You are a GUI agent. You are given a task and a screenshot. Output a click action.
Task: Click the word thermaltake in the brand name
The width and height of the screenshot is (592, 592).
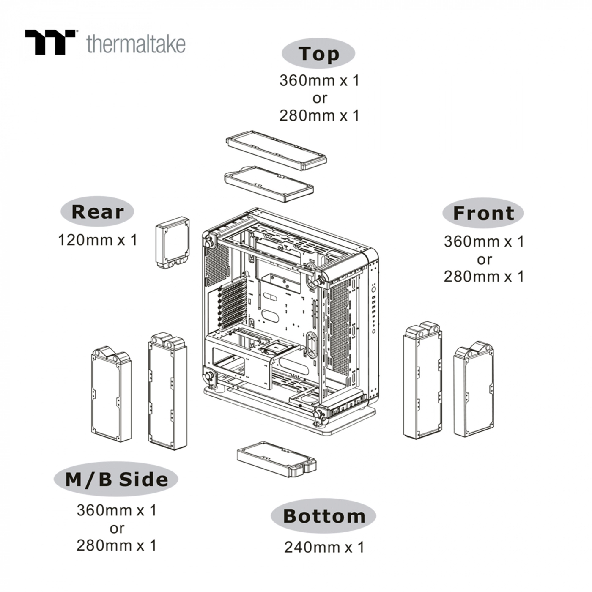click(x=136, y=44)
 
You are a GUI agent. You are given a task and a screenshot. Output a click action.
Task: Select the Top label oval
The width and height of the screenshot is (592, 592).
click(x=318, y=54)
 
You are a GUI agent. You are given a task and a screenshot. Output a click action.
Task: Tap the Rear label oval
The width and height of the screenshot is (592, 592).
click(x=97, y=211)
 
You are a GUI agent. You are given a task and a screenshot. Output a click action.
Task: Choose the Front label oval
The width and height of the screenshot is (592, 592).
click(x=483, y=213)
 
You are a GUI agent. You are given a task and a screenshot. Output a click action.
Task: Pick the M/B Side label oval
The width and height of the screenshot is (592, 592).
click(x=116, y=479)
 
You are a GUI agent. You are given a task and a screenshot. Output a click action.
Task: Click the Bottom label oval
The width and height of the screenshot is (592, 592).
click(x=323, y=516)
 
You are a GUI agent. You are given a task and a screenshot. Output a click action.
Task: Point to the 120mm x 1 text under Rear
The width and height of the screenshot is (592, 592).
click(x=97, y=240)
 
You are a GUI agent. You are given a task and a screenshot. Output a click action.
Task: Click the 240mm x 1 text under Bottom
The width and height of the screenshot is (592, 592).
click(x=323, y=547)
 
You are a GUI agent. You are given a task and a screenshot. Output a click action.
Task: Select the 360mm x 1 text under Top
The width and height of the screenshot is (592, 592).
click(x=319, y=80)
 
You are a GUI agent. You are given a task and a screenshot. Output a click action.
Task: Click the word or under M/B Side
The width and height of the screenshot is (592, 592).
click(x=117, y=528)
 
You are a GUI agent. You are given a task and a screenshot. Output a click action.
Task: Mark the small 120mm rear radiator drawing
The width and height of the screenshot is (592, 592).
click(x=172, y=243)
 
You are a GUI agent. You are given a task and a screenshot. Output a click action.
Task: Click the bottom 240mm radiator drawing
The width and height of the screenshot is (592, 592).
click(x=277, y=459)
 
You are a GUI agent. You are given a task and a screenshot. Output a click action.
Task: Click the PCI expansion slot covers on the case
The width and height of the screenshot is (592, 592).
click(x=232, y=303)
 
